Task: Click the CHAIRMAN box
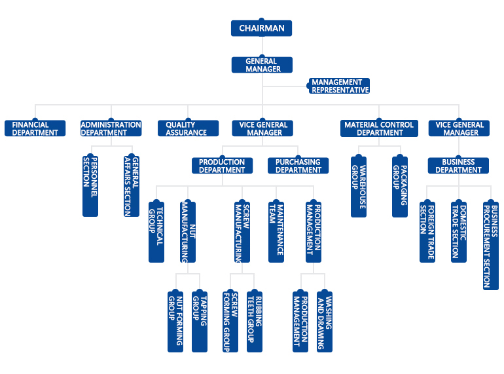tap(261, 28)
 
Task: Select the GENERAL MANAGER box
tap(261, 65)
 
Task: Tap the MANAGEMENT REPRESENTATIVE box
tap(340, 86)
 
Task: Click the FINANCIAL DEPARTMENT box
tap(35, 128)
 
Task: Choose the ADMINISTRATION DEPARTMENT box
tap(111, 128)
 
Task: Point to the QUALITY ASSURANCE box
tap(187, 128)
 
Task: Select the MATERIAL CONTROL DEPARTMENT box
tap(379, 128)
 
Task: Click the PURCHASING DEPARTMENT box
tap(298, 166)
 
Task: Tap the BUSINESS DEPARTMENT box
tap(459, 166)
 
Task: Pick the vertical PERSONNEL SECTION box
tap(90, 185)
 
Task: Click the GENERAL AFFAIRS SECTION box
tap(132, 185)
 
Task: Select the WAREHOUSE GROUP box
tap(359, 185)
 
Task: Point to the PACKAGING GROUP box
tap(400, 185)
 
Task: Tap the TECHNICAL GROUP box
tap(156, 231)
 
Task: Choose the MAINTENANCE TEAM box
tap(276, 231)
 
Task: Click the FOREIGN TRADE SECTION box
tap(427, 231)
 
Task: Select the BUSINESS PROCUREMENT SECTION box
tap(490, 244)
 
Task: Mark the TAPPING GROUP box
tap(200, 320)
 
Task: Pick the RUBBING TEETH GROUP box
tap(254, 320)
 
